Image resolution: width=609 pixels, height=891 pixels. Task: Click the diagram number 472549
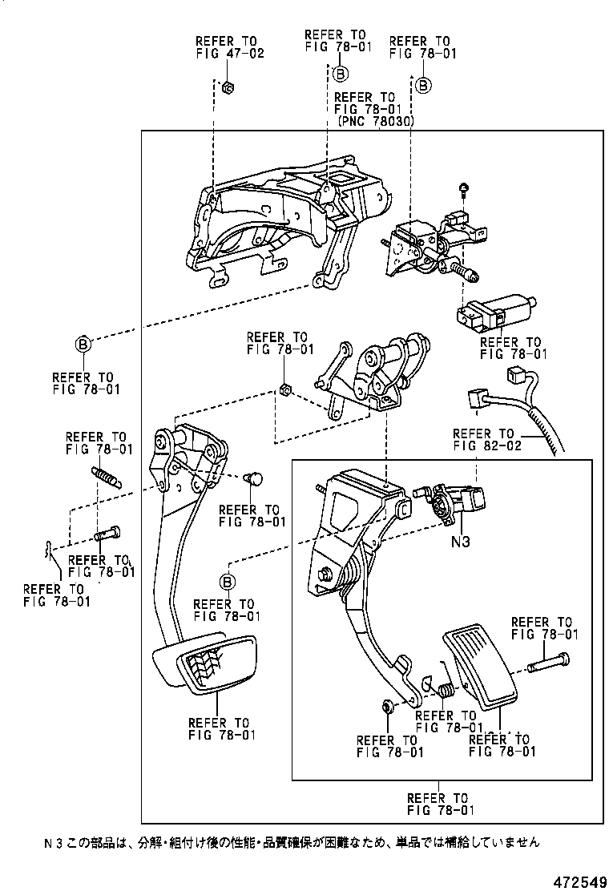pyautogui.click(x=576, y=881)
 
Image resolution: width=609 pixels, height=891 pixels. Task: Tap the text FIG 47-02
pyautogui.click(x=229, y=54)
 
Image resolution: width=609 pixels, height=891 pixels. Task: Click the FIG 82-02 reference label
pyautogui.click(x=487, y=445)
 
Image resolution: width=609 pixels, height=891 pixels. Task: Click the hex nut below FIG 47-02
pyautogui.click(x=226, y=87)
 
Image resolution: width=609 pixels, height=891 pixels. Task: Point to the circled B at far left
pyautogui.click(x=83, y=345)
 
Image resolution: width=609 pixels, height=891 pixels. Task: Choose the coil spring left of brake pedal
pyautogui.click(x=106, y=477)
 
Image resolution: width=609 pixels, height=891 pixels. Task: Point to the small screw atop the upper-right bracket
pyautogui.click(x=465, y=188)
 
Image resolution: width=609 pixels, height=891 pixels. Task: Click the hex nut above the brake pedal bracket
pyautogui.click(x=284, y=390)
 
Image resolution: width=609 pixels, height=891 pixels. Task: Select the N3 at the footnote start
pyautogui.click(x=53, y=842)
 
